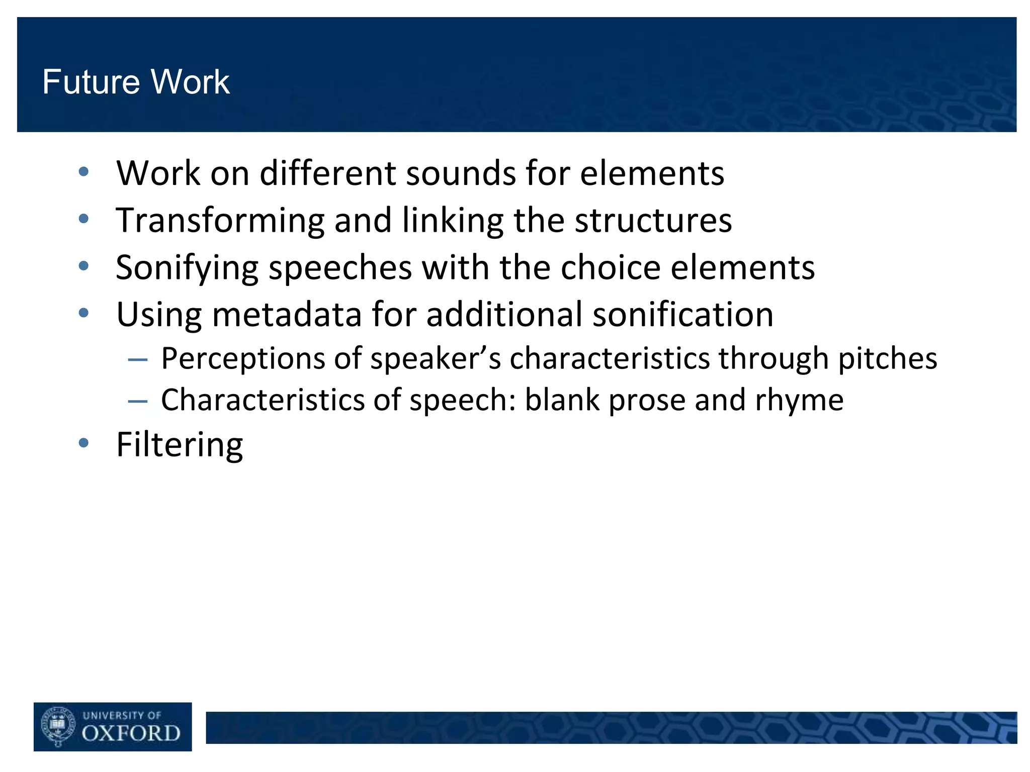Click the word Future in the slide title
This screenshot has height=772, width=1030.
[x=90, y=82]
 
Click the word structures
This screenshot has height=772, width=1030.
[x=653, y=221]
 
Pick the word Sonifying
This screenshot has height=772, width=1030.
[x=187, y=268]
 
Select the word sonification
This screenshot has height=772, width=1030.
[x=683, y=315]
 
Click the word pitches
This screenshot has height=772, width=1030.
[x=887, y=359]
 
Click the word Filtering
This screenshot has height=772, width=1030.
[x=180, y=445]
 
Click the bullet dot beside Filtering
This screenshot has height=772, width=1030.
[x=83, y=443]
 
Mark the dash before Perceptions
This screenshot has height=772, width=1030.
[x=137, y=360]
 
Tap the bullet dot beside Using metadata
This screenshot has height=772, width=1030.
[x=83, y=313]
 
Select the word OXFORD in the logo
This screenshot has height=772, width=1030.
[x=131, y=733]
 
